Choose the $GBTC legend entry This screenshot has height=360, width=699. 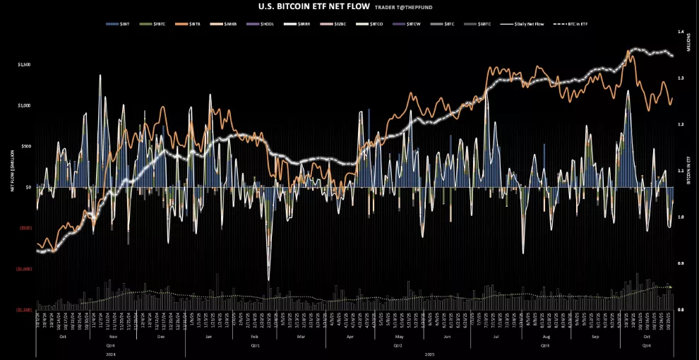coord(484,24)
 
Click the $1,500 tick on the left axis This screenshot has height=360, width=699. coord(24,64)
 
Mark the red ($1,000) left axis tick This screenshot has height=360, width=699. coord(23,269)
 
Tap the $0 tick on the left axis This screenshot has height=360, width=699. coord(28,187)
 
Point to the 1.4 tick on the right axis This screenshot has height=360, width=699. coord(681,32)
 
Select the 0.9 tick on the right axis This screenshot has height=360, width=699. coord(681,263)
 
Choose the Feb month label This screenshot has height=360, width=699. coord(255,337)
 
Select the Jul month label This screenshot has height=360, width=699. coord(496,337)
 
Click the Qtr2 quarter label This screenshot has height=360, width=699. coord(398,345)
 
